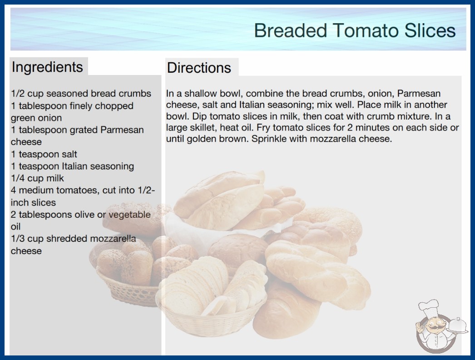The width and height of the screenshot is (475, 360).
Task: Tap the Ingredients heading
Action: (x=47, y=67)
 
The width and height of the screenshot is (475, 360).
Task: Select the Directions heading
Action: (x=199, y=68)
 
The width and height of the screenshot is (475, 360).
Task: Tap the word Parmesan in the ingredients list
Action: (x=122, y=130)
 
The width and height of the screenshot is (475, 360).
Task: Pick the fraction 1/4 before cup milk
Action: (x=18, y=178)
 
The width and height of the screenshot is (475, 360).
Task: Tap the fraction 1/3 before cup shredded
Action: (x=18, y=238)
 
